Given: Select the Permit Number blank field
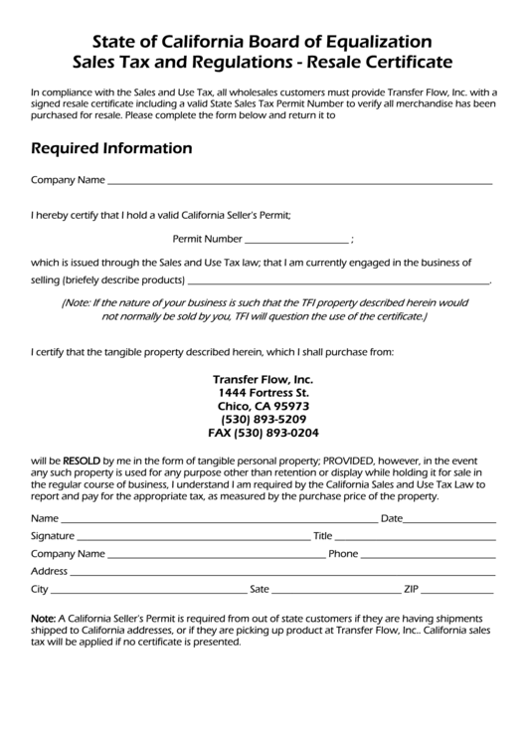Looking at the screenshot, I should point(296,242).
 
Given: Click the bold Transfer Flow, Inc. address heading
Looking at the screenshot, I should point(263,380).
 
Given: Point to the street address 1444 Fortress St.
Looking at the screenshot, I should point(263,393).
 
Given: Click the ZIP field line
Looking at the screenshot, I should point(457,591).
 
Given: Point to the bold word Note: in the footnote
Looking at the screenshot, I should point(44,618).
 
